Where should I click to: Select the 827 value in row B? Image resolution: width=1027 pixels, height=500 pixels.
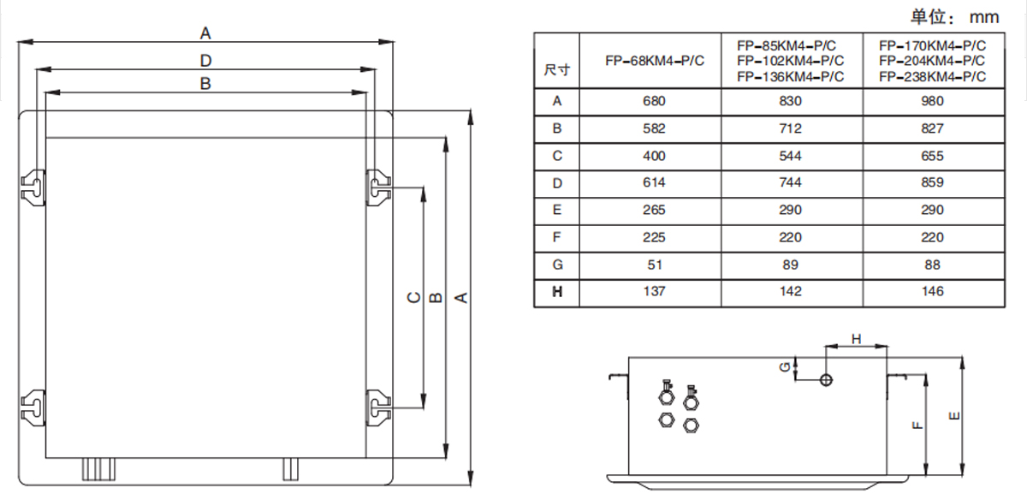pos(933,128)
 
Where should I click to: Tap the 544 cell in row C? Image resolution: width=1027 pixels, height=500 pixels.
pos(791,156)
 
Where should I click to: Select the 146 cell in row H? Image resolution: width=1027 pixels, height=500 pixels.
pos(933,291)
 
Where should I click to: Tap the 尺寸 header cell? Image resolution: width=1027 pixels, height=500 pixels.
pos(556,69)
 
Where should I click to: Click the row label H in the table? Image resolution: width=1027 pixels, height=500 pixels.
pos(557,292)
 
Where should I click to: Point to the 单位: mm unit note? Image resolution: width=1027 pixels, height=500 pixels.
pos(954,15)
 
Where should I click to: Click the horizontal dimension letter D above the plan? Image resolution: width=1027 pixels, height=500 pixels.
pos(205,60)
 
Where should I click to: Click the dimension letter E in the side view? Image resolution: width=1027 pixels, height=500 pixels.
pos(953,416)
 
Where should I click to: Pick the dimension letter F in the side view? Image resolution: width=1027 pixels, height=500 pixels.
pos(917,424)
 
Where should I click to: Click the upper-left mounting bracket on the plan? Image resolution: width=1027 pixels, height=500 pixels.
pos(33,187)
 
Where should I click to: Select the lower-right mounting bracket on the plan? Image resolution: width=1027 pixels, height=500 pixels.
pos(377,405)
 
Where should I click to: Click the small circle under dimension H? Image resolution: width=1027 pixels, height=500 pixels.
pos(826,379)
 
